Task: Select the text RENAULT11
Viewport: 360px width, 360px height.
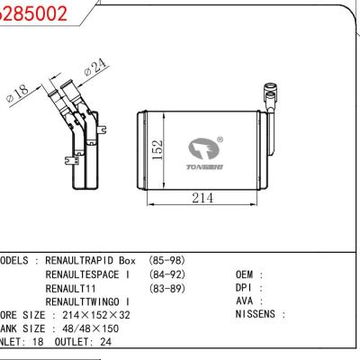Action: [70, 287]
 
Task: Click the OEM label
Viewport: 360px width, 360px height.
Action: [248, 274]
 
